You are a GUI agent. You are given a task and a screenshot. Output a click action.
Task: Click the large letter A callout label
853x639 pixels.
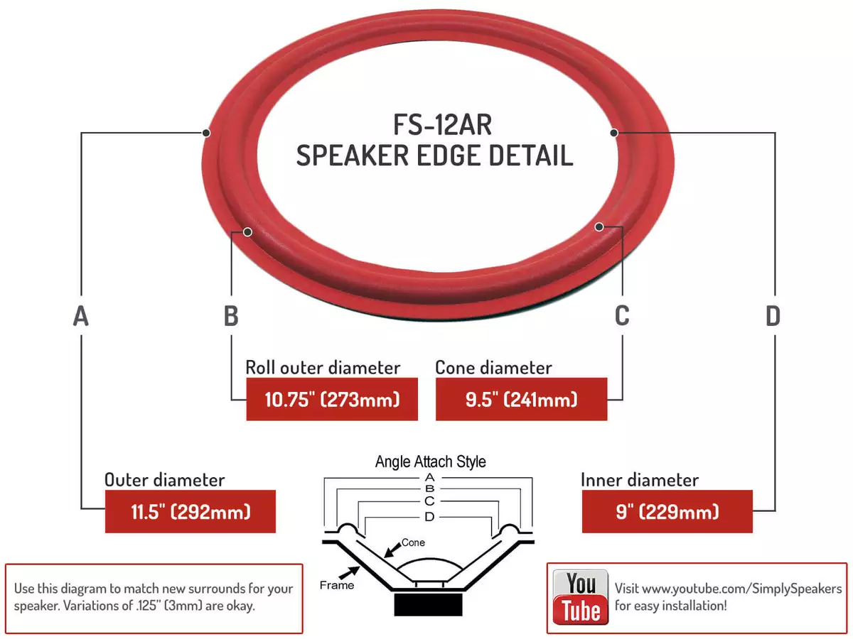[81, 316]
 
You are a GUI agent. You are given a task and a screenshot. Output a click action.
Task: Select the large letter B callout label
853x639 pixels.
[231, 316]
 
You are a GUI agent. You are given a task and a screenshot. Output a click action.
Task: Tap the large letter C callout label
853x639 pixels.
[622, 315]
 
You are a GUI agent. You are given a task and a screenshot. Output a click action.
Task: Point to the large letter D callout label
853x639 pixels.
[773, 316]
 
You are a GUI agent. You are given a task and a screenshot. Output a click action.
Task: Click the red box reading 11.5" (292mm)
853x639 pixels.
[191, 511]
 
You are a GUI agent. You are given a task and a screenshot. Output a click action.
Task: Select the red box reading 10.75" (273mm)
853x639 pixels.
[332, 399]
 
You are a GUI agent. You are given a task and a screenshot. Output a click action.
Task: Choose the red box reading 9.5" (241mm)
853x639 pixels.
[521, 399]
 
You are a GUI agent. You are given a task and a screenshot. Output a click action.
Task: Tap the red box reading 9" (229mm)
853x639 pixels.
[667, 511]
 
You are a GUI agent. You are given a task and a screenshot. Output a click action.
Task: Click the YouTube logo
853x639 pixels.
[581, 596]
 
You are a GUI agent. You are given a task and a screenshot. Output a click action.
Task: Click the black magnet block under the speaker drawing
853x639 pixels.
[428, 604]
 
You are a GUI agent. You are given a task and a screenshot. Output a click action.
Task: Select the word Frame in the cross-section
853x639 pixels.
[336, 585]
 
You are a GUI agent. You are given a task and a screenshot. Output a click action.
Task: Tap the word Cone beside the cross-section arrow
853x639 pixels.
[413, 542]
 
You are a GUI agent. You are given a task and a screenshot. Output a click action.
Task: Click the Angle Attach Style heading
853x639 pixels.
[430, 461]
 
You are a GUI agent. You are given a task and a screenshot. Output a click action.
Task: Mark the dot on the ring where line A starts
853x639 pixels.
[206, 133]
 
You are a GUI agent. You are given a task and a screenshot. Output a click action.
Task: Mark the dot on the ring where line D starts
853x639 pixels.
[614, 133]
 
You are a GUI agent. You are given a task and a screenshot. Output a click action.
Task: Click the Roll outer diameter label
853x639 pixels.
[323, 367]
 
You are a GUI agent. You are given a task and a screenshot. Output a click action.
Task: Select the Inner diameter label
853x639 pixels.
[640, 480]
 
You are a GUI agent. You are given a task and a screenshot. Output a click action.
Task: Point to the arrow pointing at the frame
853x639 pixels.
[349, 573]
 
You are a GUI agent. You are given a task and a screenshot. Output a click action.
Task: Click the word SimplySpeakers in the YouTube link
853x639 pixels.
[797, 589]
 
